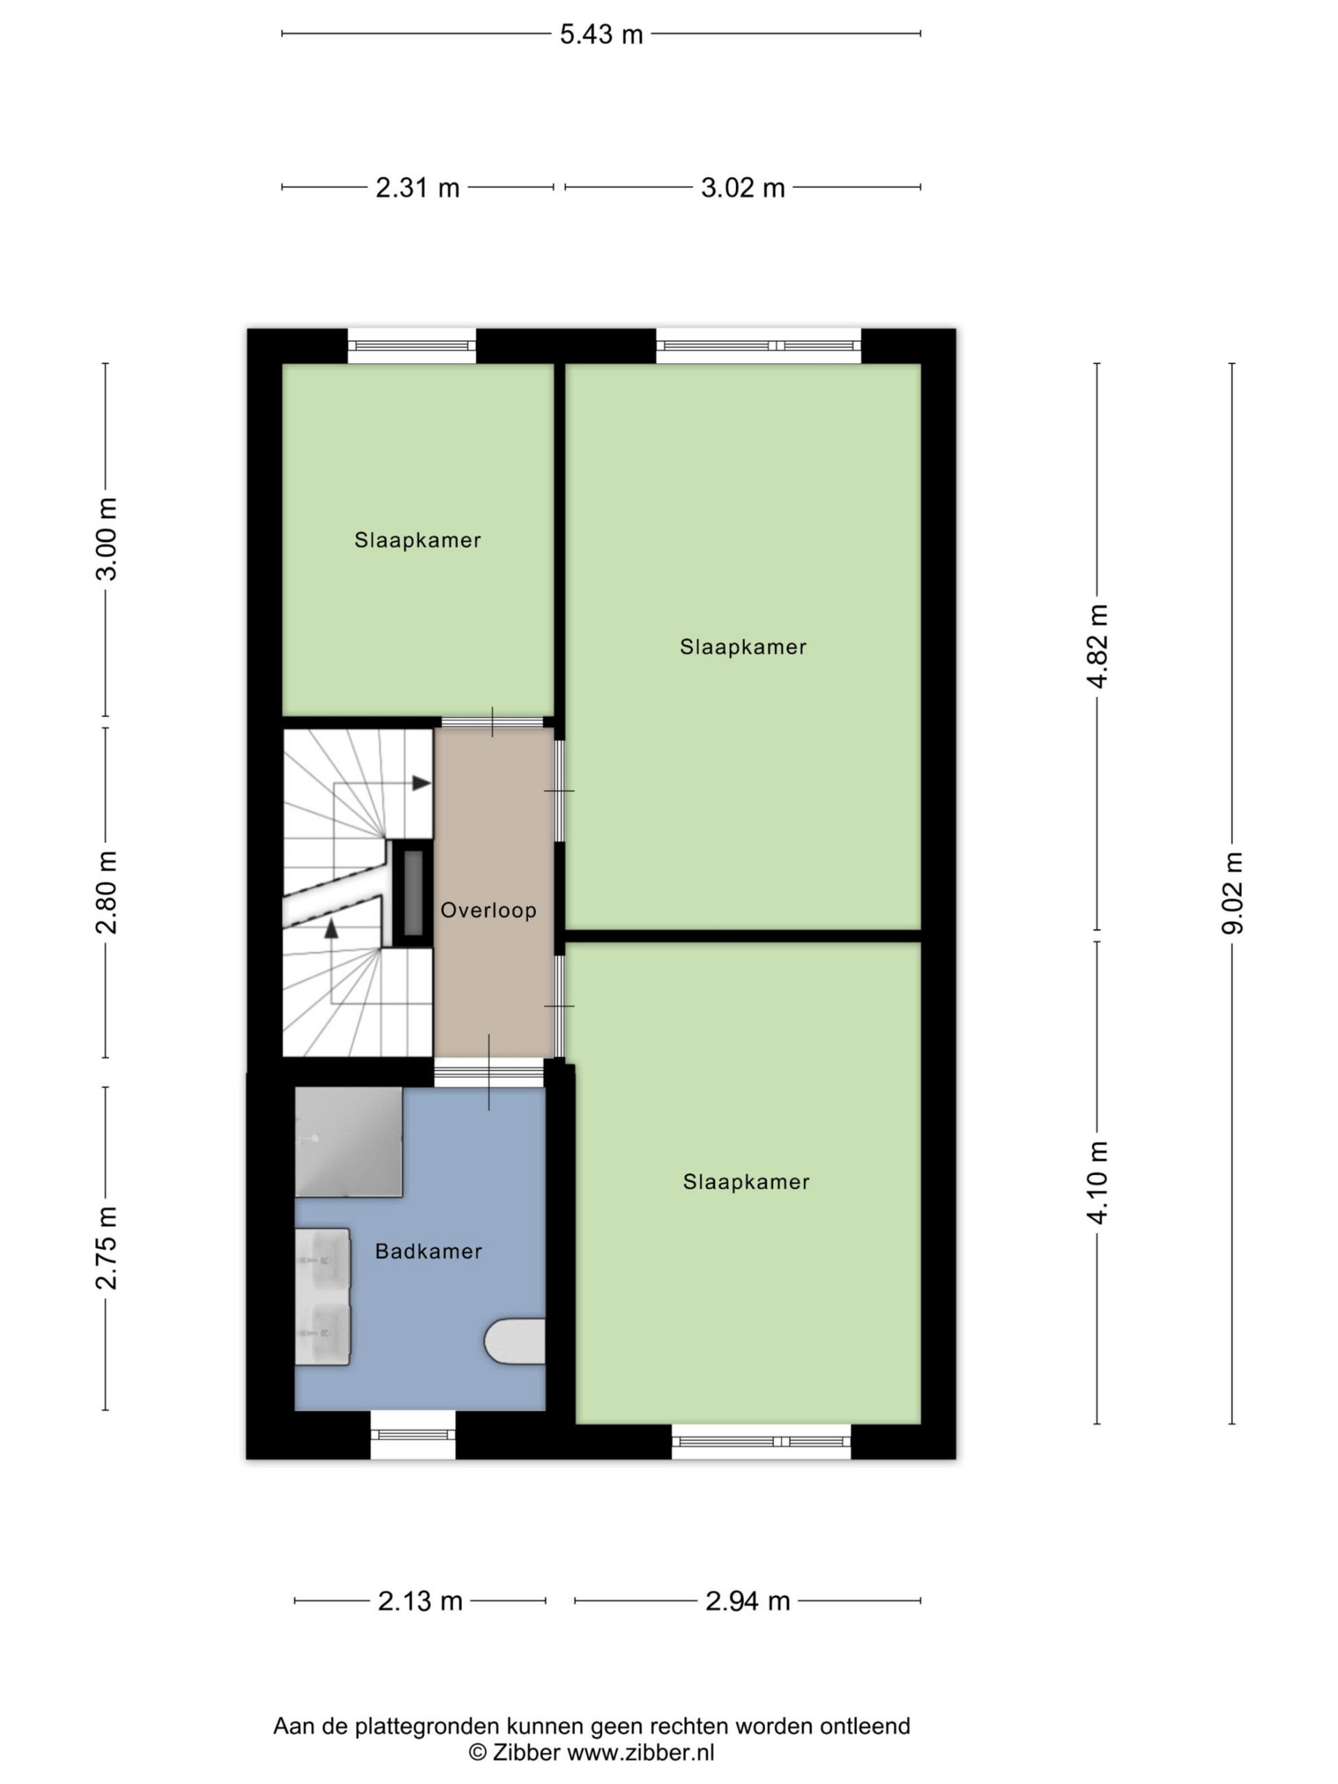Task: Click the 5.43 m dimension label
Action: click(x=601, y=34)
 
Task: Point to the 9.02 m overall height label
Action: click(x=1231, y=892)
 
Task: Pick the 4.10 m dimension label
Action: click(x=1097, y=1183)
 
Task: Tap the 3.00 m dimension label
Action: click(x=106, y=538)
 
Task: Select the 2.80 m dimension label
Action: click(x=106, y=891)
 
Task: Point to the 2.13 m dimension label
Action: click(x=420, y=1601)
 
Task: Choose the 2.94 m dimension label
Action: click(x=747, y=1601)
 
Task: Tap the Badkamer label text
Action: click(x=429, y=1251)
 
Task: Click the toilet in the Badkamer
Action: click(x=514, y=1341)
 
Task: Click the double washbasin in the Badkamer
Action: click(x=323, y=1297)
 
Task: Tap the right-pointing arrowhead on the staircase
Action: click(x=422, y=783)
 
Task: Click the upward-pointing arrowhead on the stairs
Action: click(x=331, y=929)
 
